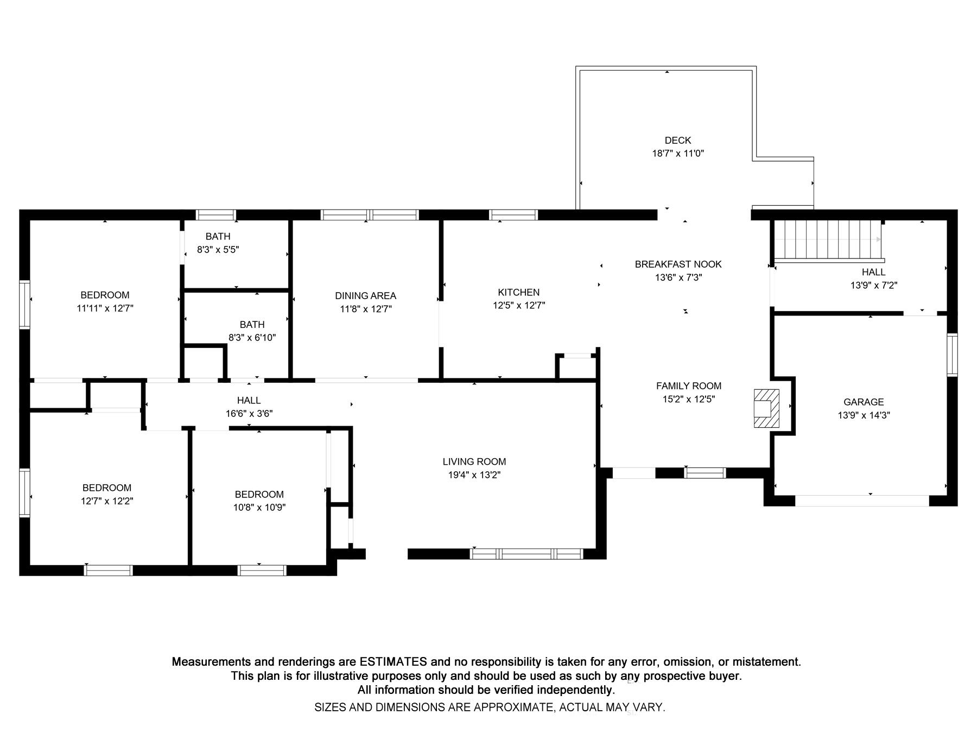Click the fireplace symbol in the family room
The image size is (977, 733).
766,408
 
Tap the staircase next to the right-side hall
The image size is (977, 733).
827,239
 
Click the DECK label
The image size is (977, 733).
677,141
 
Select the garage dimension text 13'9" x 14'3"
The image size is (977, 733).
863,415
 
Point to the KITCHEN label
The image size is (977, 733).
518,292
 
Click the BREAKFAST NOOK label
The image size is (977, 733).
678,264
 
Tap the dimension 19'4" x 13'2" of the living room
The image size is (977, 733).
474,475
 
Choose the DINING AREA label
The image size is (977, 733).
365,296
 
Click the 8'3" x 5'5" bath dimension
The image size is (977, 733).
218,250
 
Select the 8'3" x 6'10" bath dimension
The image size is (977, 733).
252,338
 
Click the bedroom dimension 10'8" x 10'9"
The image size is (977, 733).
259,508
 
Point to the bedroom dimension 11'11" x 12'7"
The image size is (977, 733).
105,308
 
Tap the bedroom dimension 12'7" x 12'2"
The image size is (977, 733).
107,501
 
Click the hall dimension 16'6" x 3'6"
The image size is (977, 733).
249,414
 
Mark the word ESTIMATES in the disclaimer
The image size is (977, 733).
393,662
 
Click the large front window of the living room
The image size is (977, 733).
526,554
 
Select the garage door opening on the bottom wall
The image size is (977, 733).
862,501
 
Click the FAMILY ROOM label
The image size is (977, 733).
688,386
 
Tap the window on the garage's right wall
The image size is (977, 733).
952,355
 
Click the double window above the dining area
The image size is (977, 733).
370,215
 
